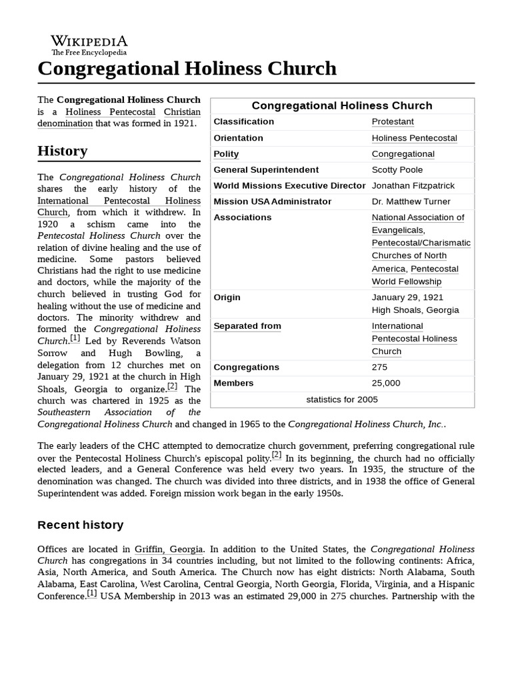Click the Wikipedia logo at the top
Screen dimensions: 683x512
click(x=89, y=45)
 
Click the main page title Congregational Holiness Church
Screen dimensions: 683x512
click(x=187, y=69)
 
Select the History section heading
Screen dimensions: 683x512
click(x=62, y=151)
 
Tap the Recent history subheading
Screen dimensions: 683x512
click(x=80, y=525)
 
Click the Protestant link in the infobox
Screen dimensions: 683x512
click(x=393, y=121)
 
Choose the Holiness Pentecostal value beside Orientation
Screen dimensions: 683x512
click(x=414, y=138)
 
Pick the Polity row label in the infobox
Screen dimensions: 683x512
click(x=226, y=154)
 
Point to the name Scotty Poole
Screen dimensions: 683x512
click(x=397, y=170)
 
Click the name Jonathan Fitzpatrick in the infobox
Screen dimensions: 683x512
click(x=413, y=185)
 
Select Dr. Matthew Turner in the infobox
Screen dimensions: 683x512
click(x=411, y=201)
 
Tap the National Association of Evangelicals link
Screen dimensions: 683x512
click(x=418, y=223)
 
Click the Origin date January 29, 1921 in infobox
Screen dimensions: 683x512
click(x=407, y=297)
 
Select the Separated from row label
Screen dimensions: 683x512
click(x=247, y=326)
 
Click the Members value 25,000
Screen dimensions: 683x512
click(x=386, y=383)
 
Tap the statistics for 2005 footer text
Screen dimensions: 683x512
click(x=342, y=400)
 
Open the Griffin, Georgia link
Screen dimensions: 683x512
click(x=169, y=550)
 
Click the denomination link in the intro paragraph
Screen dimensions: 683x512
click(x=65, y=123)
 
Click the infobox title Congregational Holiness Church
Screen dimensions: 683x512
click(x=342, y=105)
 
